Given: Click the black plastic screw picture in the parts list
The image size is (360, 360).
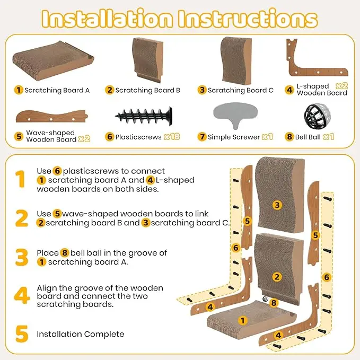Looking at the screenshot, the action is (144, 116).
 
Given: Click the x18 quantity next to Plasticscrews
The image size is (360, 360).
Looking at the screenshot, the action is (172, 137).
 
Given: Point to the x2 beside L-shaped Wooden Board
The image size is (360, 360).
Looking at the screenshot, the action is (341, 86).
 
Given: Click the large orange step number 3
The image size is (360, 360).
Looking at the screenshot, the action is (22, 257).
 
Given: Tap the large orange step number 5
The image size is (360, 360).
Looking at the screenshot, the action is (22, 334).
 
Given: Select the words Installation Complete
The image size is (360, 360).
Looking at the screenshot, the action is (81, 334).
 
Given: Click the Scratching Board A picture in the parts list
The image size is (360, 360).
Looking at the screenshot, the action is (53, 60).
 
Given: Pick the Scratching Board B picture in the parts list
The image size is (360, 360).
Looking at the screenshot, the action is (147, 60).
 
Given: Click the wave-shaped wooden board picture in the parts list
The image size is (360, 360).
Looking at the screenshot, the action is (52, 116).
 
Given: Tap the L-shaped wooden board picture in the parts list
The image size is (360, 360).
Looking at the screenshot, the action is (317, 57).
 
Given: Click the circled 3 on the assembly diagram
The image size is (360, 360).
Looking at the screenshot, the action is (277, 205).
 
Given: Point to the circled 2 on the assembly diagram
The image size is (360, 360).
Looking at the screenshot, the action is (277, 277).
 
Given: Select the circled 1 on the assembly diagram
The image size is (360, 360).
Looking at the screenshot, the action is (242, 320).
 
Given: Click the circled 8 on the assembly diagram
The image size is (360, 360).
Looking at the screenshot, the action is (274, 303).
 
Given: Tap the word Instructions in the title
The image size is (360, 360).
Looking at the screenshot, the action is (248, 19).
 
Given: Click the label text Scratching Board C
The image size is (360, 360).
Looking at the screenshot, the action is (241, 90).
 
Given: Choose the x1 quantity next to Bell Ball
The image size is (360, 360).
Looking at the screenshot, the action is (329, 137).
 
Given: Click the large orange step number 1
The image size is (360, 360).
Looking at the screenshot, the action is (21, 179).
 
